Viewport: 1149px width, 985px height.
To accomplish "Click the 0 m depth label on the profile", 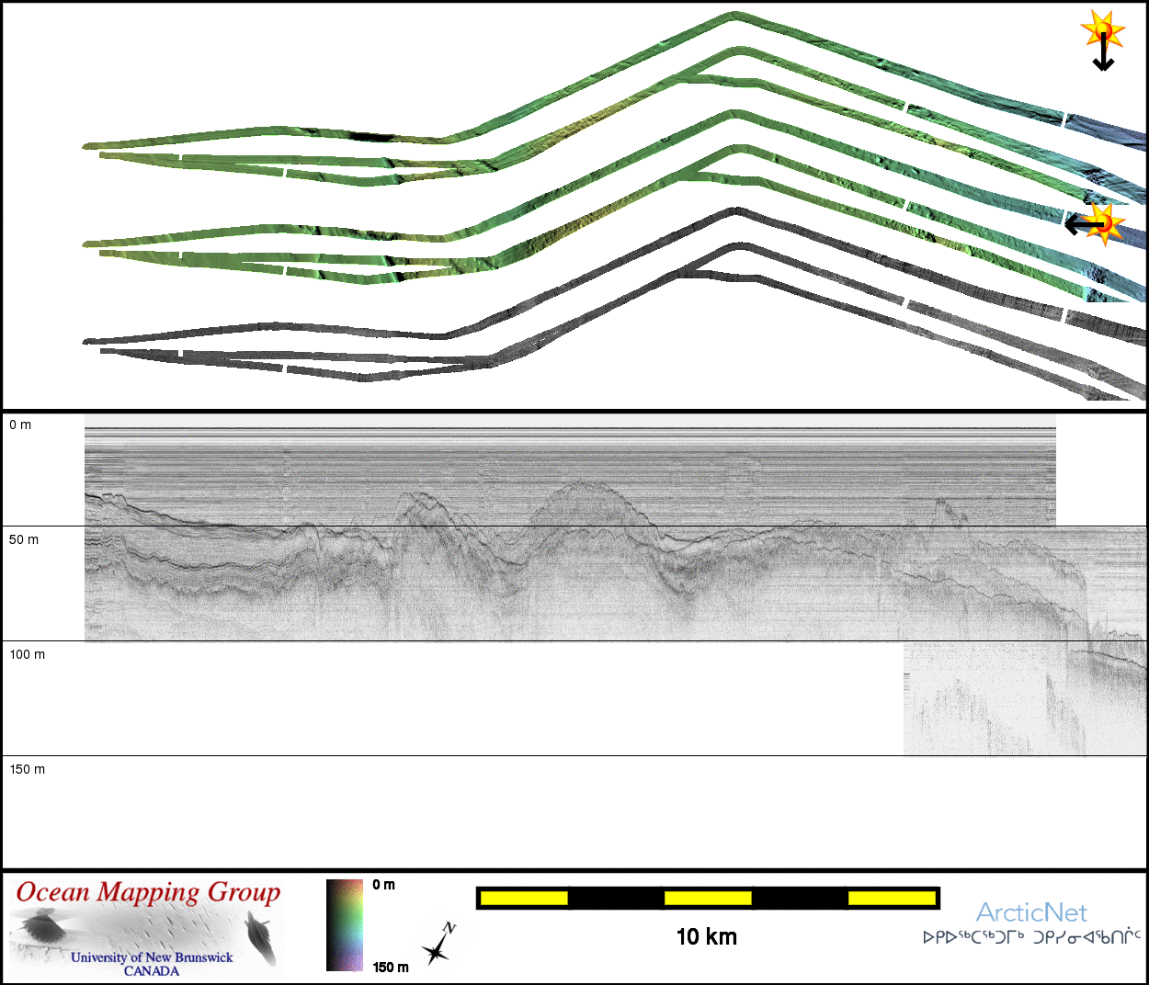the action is click(20, 425).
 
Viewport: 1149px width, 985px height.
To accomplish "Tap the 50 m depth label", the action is click(24, 540).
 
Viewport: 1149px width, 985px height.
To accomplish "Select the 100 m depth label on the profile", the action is click(28, 654).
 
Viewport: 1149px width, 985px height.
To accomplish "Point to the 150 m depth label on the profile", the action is click(28, 769).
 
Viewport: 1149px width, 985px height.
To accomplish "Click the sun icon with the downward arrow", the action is click(1103, 39).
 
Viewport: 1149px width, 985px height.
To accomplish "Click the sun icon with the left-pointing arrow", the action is click(1095, 224).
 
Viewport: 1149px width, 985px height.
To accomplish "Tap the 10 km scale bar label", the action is click(707, 937).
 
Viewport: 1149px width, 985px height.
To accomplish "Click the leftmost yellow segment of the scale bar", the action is click(524, 898).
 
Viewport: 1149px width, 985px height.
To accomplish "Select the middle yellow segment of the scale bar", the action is click(708, 898).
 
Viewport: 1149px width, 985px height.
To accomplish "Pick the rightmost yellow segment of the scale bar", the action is click(892, 898).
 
